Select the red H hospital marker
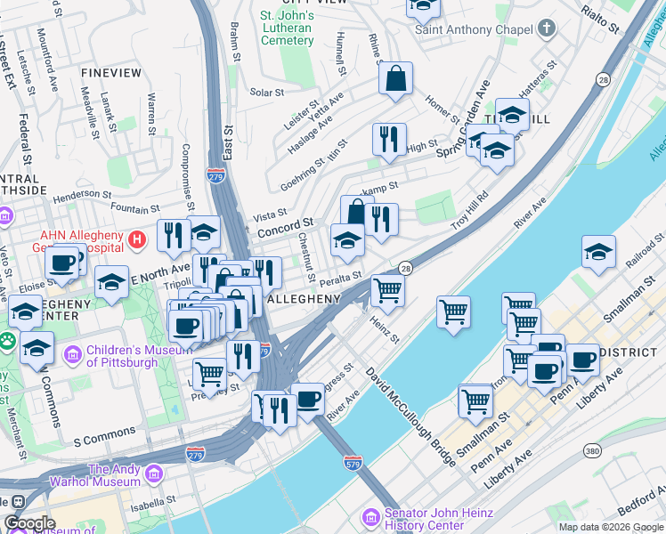(136, 239)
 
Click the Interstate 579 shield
(352, 463)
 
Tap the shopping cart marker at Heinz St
(387, 288)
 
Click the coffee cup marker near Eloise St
(62, 262)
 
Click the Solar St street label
(266, 92)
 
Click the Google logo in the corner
(29, 523)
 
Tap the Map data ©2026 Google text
(610, 527)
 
